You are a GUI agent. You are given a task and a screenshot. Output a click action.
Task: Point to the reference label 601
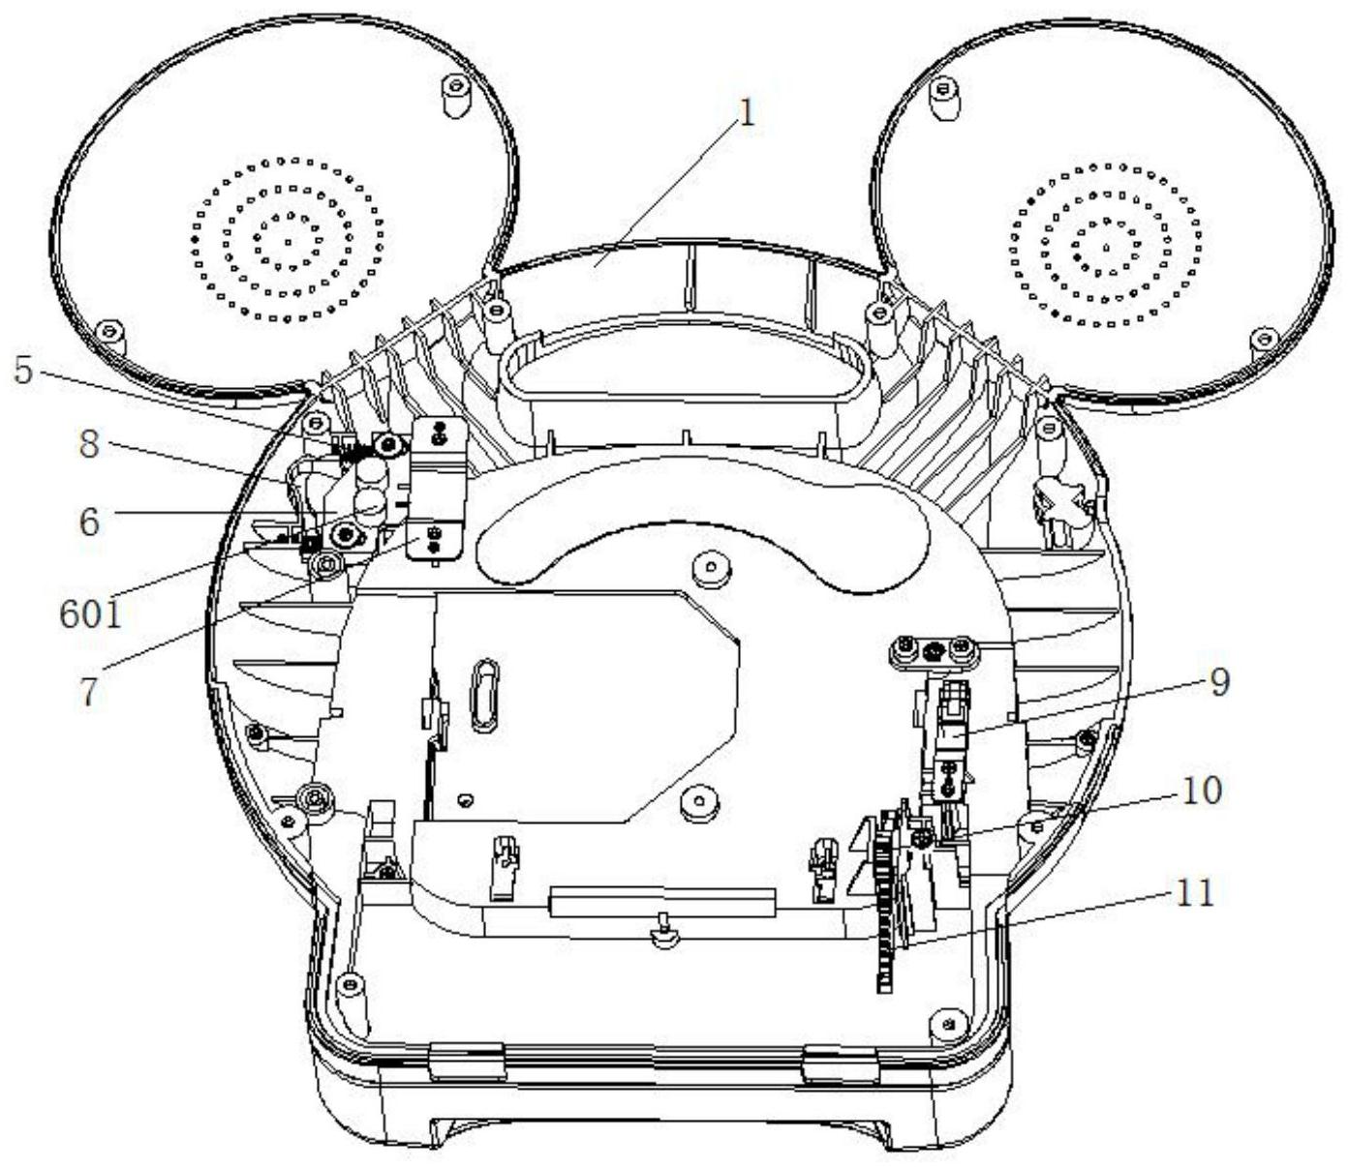click(91, 613)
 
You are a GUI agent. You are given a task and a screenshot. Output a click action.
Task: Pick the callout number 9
click(1218, 681)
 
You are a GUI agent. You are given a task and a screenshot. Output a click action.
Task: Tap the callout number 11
click(1194, 892)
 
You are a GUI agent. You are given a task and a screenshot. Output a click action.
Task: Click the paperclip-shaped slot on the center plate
click(484, 696)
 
